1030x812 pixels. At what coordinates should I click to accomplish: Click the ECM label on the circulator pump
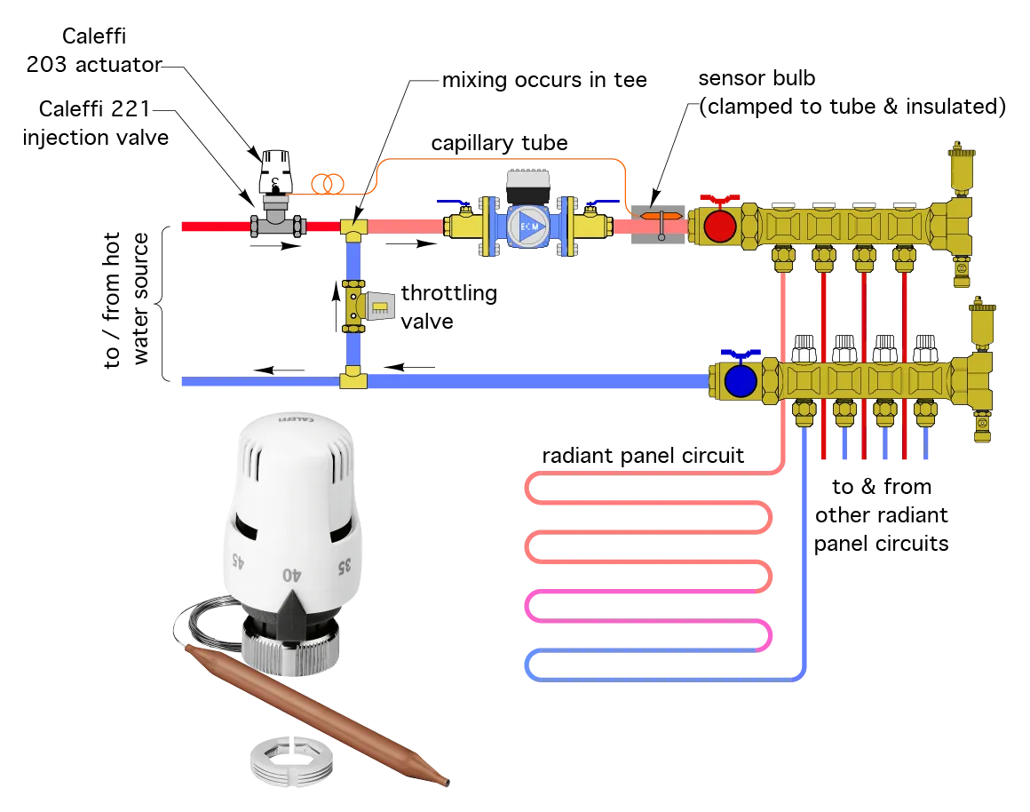click(x=528, y=227)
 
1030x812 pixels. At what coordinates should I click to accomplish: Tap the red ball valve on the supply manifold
click(x=719, y=227)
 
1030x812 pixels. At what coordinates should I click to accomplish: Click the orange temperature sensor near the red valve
click(x=661, y=216)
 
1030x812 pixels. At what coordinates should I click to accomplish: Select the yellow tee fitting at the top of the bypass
click(x=353, y=230)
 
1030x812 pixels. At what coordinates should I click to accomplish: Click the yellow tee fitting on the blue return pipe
click(x=353, y=380)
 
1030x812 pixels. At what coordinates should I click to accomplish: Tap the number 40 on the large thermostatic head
click(x=291, y=575)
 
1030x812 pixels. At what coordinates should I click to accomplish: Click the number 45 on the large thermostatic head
click(x=237, y=560)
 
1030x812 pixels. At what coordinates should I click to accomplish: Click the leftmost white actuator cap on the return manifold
click(x=804, y=346)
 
